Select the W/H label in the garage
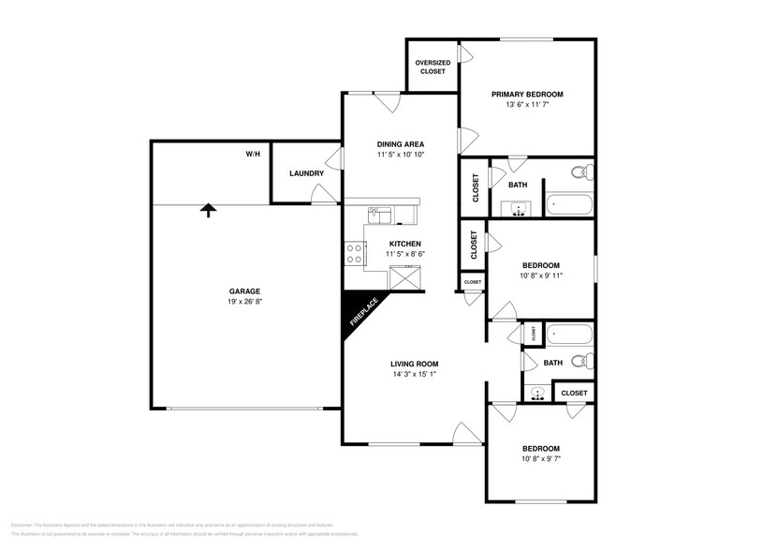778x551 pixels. [253, 153]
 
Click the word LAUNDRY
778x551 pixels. [306, 173]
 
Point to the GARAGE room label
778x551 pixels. [244, 290]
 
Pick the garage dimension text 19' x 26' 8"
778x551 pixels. [244, 302]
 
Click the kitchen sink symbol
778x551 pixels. [378, 216]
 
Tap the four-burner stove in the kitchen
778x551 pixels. [355, 253]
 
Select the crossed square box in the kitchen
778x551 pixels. [406, 277]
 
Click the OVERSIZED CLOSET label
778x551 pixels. [433, 67]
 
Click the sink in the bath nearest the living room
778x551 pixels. [537, 393]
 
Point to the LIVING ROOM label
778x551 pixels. [414, 364]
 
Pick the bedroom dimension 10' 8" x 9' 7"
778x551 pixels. [540, 459]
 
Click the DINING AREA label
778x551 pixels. [401, 144]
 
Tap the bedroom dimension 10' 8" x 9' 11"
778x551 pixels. [541, 275]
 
